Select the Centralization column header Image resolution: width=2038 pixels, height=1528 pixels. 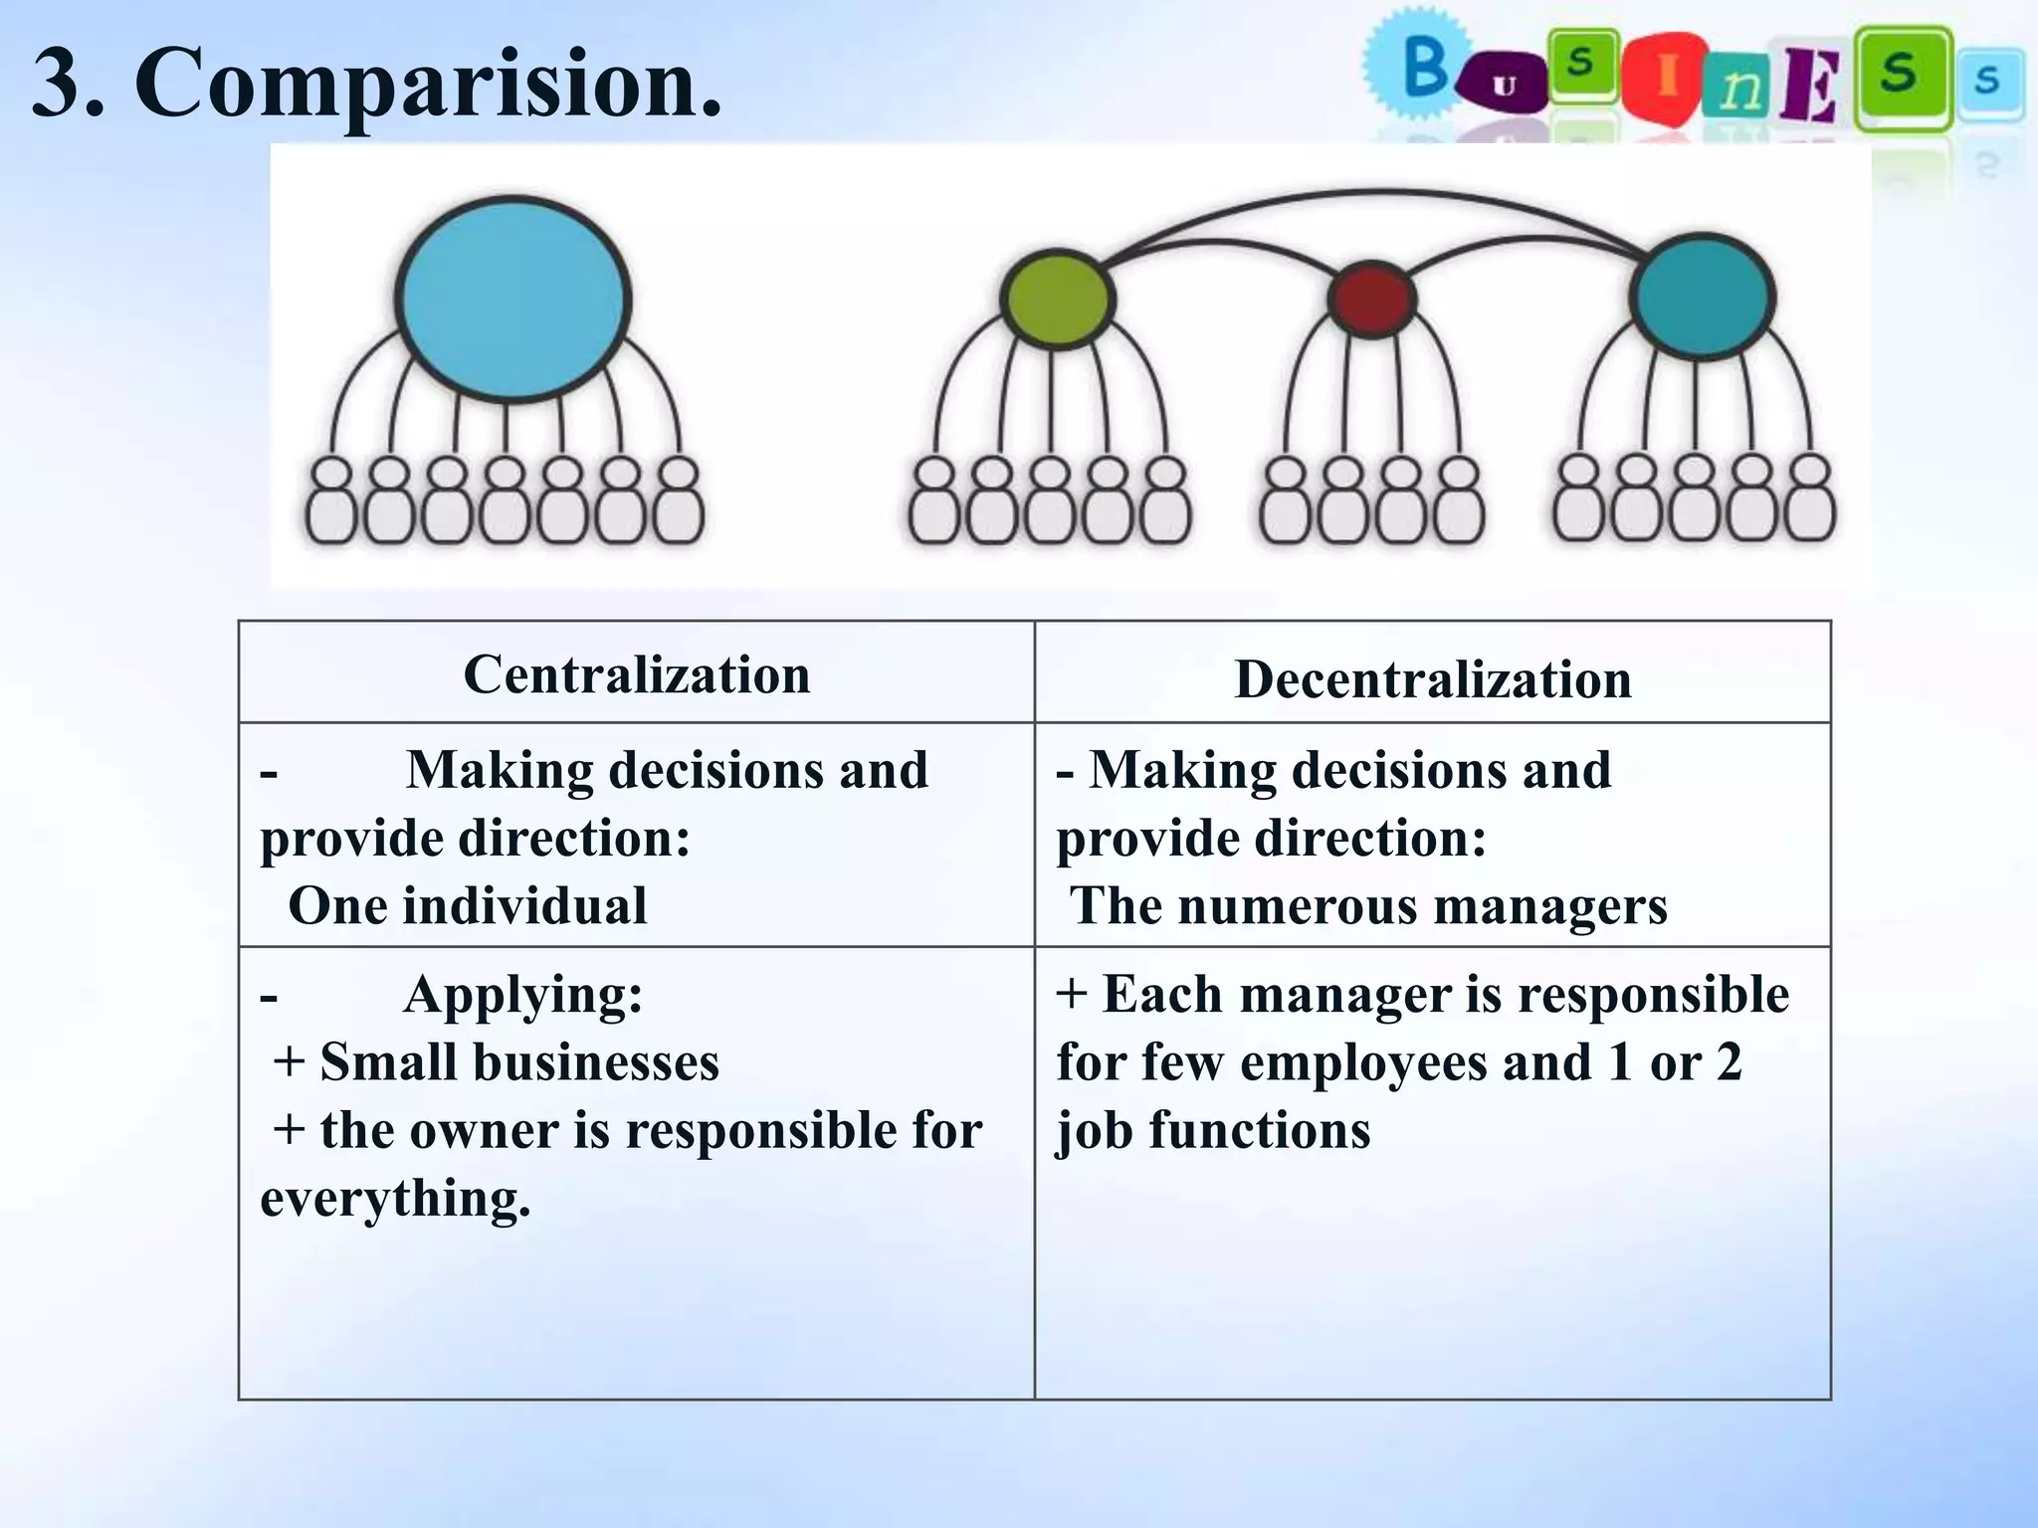click(637, 675)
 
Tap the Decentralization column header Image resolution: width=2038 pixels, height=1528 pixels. click(1432, 680)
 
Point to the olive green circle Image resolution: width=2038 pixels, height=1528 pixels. click(1056, 298)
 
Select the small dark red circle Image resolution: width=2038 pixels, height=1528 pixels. click(1372, 297)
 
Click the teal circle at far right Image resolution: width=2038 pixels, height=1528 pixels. click(1703, 295)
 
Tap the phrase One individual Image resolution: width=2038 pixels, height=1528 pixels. click(468, 906)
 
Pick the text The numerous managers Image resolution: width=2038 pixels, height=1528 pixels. click(1368, 906)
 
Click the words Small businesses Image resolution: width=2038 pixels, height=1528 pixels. click(518, 1061)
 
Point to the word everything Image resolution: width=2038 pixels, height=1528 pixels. click(393, 1197)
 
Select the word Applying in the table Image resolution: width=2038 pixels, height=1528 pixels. click(521, 994)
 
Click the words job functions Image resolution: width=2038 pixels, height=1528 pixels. click(1213, 1130)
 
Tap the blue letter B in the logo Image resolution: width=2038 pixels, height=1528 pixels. click(1426, 67)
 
